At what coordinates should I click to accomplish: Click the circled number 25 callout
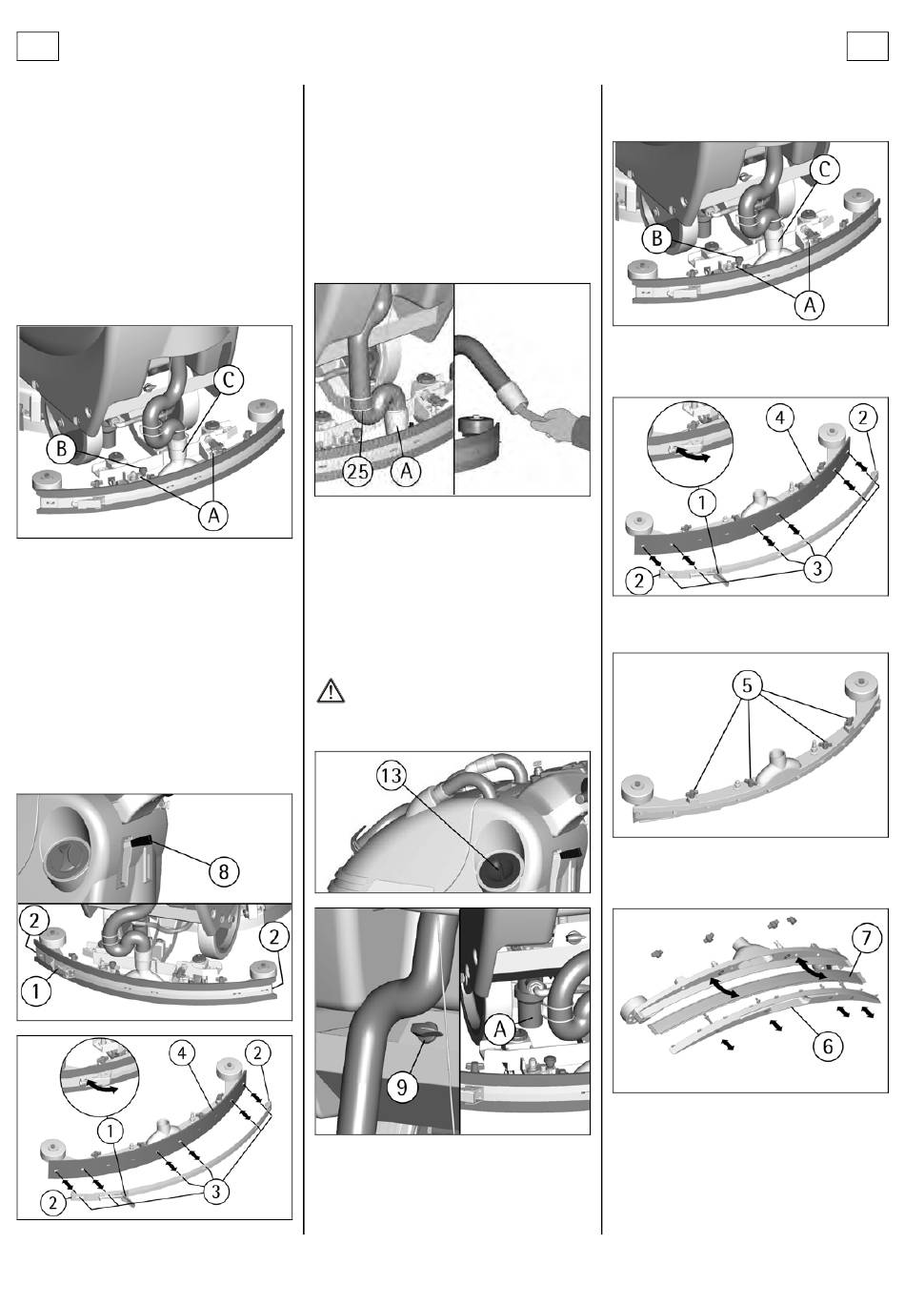coord(357,471)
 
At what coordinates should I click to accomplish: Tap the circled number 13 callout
coord(392,775)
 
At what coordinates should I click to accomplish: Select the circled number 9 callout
coord(402,1087)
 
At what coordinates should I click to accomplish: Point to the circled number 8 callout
coord(223,871)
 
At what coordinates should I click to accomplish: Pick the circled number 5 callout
coord(747,685)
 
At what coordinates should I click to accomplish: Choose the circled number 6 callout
coord(828,1047)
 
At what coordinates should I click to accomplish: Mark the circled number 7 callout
coord(866,938)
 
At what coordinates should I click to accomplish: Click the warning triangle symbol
coord(331,691)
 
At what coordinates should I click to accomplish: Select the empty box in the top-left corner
coord(38,46)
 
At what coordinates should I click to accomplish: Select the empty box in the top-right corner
coord(867,46)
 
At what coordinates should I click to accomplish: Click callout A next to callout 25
coord(406,471)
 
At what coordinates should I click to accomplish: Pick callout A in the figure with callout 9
coord(500,1030)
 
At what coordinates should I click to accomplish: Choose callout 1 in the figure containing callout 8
coord(35,991)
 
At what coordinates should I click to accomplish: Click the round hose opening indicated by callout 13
coord(496,868)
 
